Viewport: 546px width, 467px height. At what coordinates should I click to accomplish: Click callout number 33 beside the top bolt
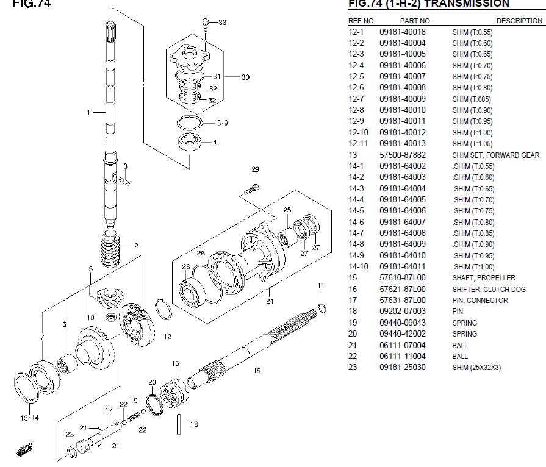pos(222,23)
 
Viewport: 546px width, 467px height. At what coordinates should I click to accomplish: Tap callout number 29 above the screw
pos(256,169)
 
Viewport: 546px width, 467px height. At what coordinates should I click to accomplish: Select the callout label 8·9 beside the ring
pos(223,123)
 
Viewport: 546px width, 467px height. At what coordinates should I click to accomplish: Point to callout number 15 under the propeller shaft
pos(257,371)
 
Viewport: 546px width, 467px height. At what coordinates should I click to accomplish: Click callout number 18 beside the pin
pos(194,424)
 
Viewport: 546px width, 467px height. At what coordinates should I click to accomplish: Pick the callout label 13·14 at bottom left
pos(30,418)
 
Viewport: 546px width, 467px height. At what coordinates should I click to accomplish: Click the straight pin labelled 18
pos(179,424)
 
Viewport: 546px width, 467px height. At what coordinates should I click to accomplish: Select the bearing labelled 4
pos(190,141)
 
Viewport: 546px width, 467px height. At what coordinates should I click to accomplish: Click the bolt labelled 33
pos(205,24)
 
